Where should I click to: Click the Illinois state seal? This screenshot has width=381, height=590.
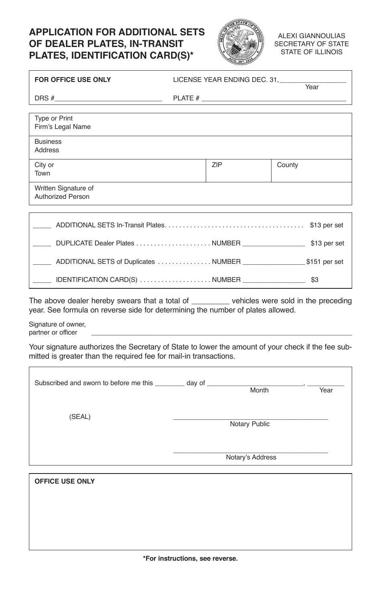point(241,42)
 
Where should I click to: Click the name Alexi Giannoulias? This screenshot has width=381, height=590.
point(311,36)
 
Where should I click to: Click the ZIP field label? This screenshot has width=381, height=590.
point(217,165)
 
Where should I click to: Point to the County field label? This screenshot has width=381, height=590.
point(287,165)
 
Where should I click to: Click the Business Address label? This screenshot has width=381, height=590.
point(48,146)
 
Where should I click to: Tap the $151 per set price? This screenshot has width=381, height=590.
point(324,262)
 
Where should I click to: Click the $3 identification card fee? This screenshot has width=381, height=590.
point(314,280)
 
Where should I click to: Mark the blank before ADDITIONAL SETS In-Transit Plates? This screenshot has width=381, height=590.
point(42,226)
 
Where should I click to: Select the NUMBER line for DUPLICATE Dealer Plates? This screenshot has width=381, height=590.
point(274,244)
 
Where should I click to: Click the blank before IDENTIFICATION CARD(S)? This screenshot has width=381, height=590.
point(42,281)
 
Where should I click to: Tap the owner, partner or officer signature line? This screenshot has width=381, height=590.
point(221,333)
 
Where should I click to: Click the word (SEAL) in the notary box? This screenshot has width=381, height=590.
point(80,417)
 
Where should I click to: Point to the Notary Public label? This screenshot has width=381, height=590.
point(249,424)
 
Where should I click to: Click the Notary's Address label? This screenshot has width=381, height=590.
point(251,457)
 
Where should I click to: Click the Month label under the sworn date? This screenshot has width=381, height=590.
point(259,390)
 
